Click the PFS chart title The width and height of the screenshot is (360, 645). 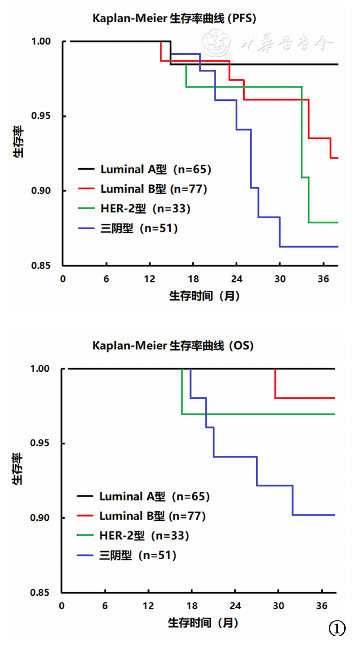tap(174, 19)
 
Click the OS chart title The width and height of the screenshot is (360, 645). tap(173, 345)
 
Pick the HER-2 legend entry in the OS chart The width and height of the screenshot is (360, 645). tap(144, 536)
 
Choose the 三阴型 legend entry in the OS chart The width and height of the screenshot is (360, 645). tap(138, 555)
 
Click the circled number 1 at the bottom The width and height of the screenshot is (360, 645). tap(337, 629)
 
